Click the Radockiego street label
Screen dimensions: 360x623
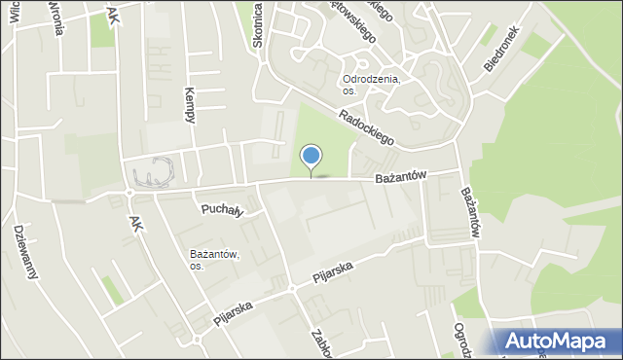[366, 127]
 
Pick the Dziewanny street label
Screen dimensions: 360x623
[26, 251]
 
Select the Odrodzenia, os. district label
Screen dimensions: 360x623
[371, 85]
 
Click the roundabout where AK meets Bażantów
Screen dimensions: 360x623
[129, 193]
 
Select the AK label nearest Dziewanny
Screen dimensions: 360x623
[135, 223]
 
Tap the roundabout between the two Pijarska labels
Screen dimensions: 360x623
[291, 289]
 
